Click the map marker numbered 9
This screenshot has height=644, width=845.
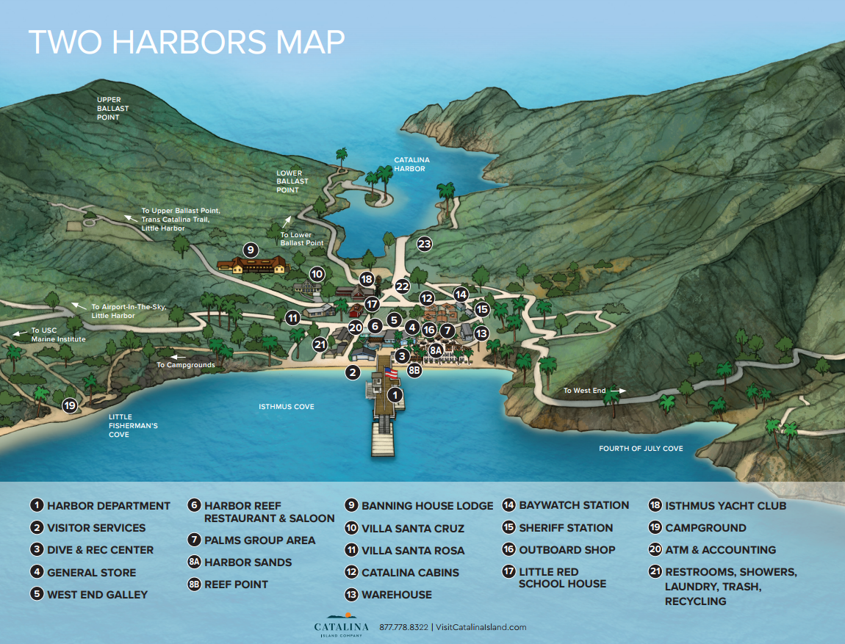click(x=251, y=250)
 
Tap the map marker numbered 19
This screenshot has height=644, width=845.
click(x=70, y=405)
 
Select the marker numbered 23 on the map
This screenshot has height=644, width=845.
click(x=424, y=244)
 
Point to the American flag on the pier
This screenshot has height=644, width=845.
click(x=391, y=373)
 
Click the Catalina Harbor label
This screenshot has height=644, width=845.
click(x=411, y=164)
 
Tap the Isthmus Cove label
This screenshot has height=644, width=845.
click(x=287, y=406)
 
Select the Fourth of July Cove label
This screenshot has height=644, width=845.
click(x=640, y=448)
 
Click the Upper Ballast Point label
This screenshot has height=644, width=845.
click(x=112, y=109)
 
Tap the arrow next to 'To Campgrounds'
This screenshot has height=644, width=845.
click(x=174, y=357)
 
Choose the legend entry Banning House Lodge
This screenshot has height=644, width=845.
click(x=427, y=506)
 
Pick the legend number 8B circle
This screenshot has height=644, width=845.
click(x=194, y=585)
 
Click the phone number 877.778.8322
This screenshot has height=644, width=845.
click(x=403, y=627)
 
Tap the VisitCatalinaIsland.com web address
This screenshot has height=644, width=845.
click(x=481, y=627)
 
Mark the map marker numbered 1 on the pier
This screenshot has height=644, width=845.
click(x=395, y=396)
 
